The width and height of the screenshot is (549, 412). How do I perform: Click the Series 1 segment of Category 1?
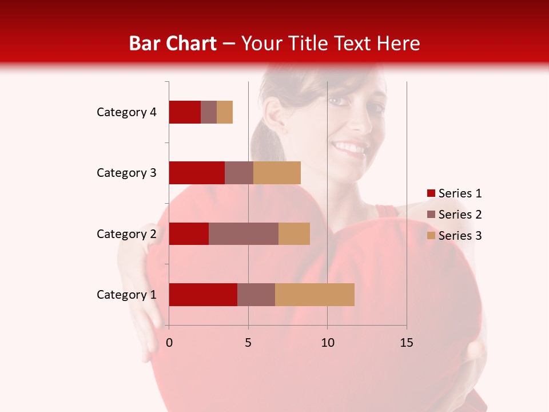click(203, 295)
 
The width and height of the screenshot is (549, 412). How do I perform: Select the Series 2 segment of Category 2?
click(244, 233)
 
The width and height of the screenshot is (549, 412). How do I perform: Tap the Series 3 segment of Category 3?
click(277, 173)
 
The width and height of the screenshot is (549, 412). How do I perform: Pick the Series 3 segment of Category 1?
click(315, 295)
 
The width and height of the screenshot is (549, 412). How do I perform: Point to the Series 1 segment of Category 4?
click(185, 112)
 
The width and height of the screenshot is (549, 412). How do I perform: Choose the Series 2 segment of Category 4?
click(209, 112)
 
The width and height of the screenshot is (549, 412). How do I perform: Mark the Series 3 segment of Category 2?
click(294, 233)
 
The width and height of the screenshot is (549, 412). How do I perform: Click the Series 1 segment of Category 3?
click(197, 173)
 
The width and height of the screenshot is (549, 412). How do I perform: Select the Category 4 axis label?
click(126, 112)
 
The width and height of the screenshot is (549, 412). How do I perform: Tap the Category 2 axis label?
click(126, 233)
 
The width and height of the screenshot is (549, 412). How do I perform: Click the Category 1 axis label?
click(126, 295)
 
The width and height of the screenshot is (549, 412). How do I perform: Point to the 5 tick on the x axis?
click(248, 343)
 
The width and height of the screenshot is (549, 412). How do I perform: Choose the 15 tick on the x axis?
click(406, 343)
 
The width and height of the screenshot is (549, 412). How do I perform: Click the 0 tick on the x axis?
click(169, 343)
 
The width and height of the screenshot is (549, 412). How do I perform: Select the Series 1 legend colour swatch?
click(431, 193)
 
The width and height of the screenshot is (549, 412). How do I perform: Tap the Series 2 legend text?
click(460, 215)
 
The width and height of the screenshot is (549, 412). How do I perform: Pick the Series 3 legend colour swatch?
click(431, 236)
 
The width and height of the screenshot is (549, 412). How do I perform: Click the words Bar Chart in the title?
click(173, 43)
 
